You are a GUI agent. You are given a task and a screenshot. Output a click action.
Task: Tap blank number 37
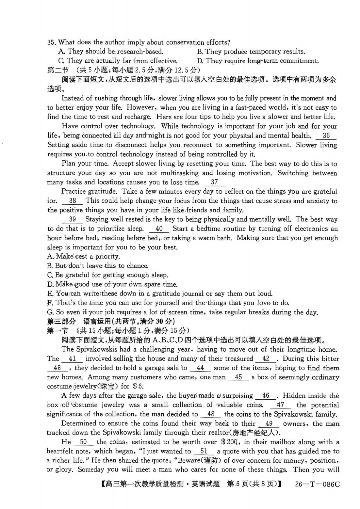pos(214,182)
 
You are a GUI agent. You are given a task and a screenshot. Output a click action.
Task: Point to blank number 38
pos(73,201)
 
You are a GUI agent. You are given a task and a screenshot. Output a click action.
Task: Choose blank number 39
pos(73,219)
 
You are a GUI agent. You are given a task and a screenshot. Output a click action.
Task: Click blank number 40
pos(159,229)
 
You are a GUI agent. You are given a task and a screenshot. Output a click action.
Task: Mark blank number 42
pos(266,358)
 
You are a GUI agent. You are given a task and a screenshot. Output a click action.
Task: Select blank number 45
pos(238,377)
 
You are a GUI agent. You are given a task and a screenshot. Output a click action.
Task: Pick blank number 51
pos(204,452)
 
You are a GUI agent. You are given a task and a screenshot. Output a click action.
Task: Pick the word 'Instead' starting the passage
pos(72,98)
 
